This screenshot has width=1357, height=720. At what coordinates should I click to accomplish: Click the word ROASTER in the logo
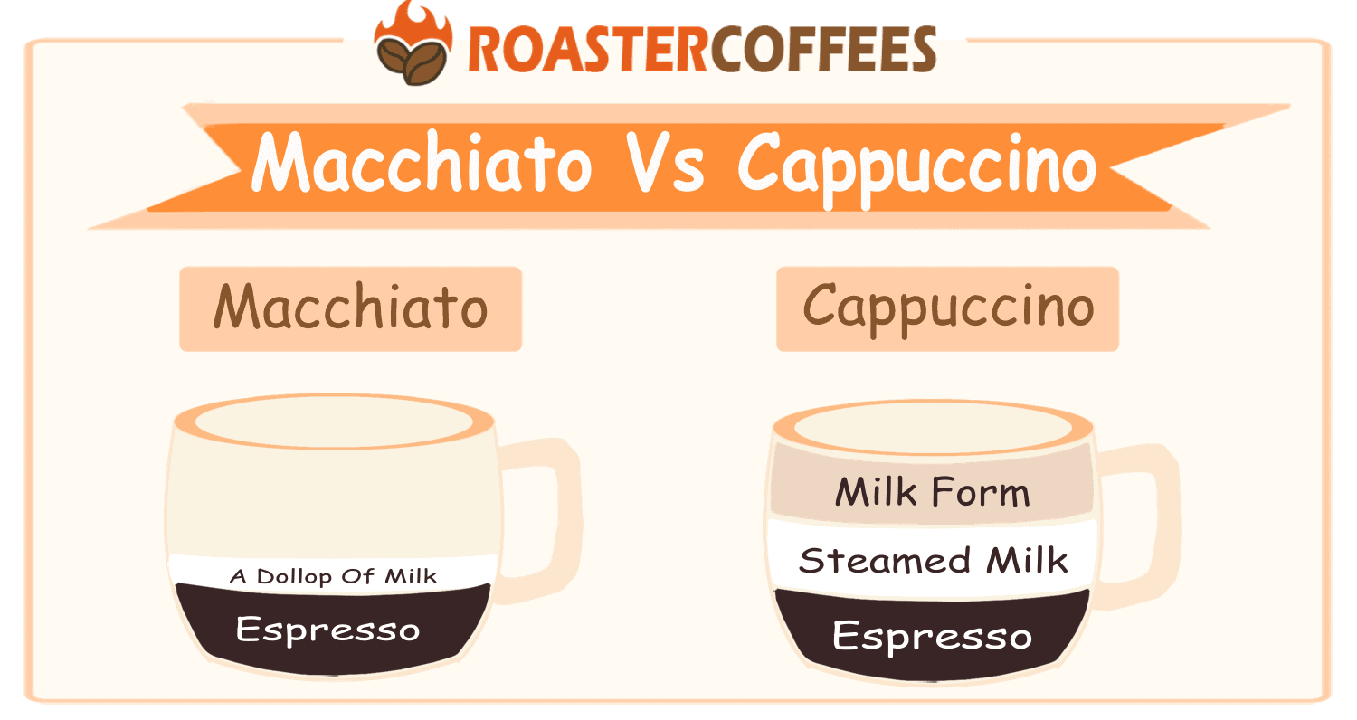(x=586, y=50)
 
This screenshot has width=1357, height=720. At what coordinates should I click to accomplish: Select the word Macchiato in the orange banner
(x=421, y=164)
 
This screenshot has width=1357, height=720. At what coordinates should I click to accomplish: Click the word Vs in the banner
(x=668, y=164)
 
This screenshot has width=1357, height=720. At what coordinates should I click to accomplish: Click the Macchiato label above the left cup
(x=351, y=308)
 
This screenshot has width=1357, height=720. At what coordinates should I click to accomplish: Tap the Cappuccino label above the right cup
(x=948, y=308)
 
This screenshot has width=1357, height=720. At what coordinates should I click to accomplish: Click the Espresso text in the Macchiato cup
(x=328, y=629)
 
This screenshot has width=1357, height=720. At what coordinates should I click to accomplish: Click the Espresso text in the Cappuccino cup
(x=932, y=636)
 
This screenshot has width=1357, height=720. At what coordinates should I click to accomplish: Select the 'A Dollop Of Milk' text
(x=333, y=575)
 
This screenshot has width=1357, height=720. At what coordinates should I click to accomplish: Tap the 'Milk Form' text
(x=932, y=494)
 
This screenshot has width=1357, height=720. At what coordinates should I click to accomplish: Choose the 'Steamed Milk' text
(x=933, y=561)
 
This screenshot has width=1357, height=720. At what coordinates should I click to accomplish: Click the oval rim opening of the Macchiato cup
(x=334, y=420)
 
